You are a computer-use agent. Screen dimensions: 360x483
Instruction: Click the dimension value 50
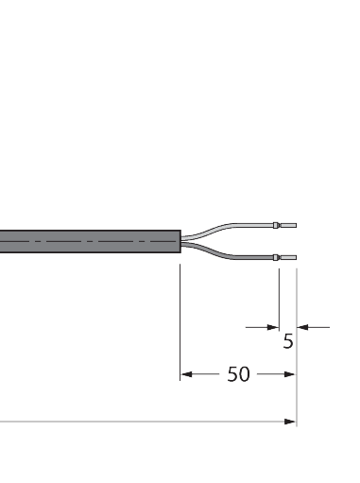(238, 374)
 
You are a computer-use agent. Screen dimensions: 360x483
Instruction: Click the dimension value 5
(288, 341)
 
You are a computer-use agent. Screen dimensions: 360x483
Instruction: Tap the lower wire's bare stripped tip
(287, 258)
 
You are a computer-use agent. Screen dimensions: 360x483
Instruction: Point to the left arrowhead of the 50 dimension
(185, 374)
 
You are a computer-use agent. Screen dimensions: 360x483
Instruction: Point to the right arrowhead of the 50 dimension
(290, 374)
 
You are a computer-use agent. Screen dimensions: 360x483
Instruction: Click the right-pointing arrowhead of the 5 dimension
(271, 327)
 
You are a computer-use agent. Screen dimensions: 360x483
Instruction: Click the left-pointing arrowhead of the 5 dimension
(302, 327)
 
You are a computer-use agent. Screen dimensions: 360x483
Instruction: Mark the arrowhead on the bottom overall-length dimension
(290, 422)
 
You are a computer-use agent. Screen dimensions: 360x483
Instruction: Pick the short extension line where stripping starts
(278, 298)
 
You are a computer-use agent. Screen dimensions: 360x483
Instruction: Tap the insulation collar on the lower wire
(276, 258)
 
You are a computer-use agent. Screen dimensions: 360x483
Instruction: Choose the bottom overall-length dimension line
(142, 422)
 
